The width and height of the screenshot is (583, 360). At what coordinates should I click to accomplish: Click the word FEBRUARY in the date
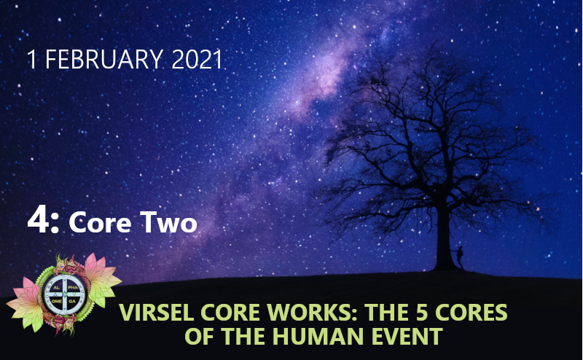point(104,60)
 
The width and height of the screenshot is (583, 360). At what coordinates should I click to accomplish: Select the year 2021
point(197,60)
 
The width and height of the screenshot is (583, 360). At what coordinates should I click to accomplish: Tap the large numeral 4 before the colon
point(39,220)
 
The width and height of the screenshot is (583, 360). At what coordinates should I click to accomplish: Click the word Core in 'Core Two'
point(100,222)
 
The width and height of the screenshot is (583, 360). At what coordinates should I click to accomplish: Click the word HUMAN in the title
point(318,336)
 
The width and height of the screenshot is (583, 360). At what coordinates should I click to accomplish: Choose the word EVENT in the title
point(407,336)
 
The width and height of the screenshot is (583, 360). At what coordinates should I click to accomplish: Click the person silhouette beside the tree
point(460,257)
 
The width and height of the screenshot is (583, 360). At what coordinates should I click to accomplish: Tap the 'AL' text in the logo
point(57,288)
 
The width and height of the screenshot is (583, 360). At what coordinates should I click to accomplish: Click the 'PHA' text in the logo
point(73,288)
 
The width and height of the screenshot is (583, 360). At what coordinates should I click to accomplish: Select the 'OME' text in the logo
point(57,301)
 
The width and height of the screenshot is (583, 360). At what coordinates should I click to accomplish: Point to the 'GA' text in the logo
point(72,301)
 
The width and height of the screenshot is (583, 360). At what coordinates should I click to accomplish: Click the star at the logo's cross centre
point(65,294)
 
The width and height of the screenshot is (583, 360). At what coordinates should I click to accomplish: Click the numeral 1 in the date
point(32,60)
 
